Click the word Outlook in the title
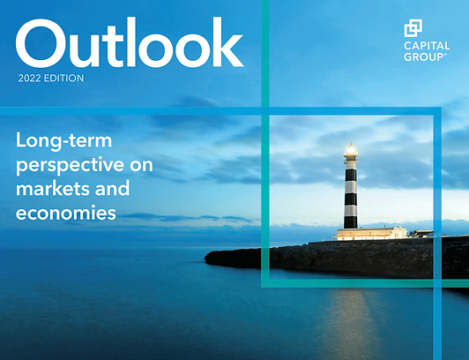(x=130, y=42)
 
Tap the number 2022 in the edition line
(x=29, y=79)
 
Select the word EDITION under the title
(x=63, y=79)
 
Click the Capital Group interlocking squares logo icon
(x=413, y=28)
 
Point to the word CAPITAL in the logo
(x=427, y=46)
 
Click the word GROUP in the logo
(x=424, y=56)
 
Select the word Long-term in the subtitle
(x=63, y=140)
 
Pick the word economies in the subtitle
(x=66, y=213)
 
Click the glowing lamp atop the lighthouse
(x=351, y=149)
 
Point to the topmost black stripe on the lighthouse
(x=351, y=175)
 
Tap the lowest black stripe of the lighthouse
(x=351, y=222)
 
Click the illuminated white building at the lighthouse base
(x=370, y=234)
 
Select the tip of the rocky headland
(x=205, y=258)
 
